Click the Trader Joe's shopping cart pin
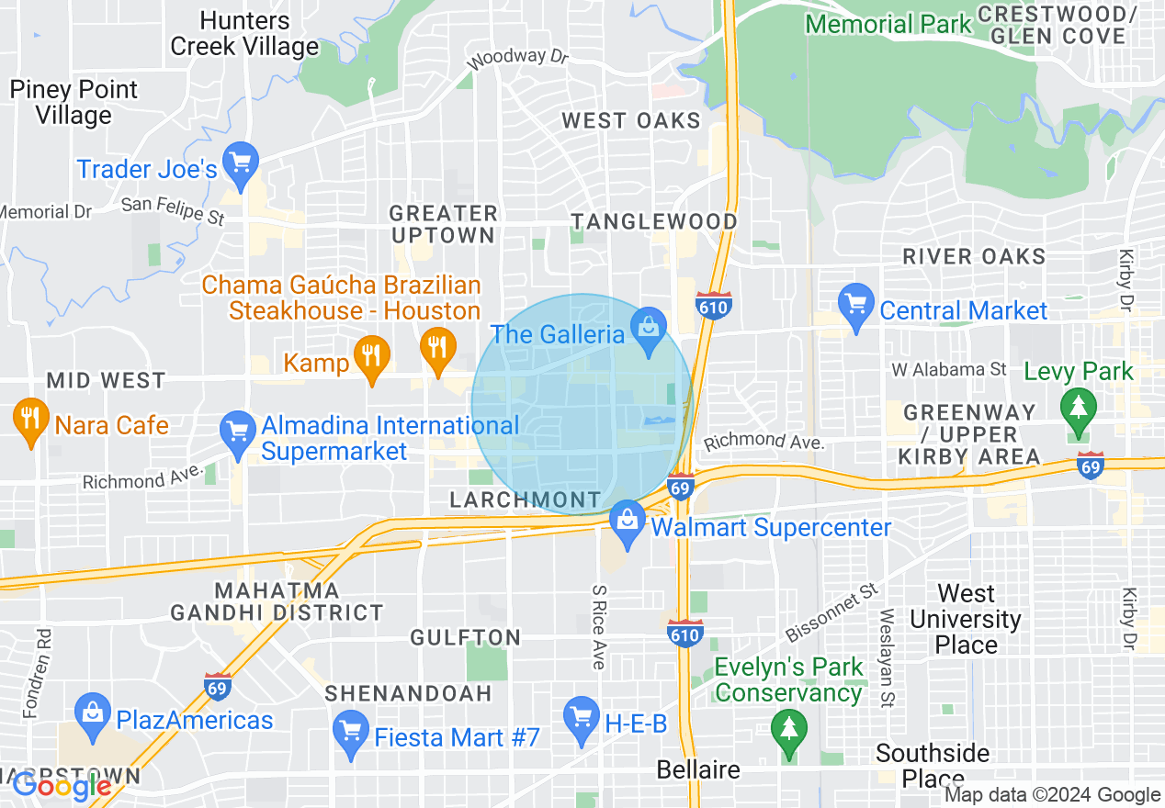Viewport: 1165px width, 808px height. (x=241, y=165)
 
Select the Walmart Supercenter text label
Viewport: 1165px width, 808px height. (x=771, y=528)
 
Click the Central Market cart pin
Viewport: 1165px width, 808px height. (x=856, y=307)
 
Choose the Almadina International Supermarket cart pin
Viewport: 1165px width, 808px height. (x=238, y=433)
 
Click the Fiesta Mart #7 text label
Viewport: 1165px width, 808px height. (x=457, y=737)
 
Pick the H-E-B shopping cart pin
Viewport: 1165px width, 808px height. (x=581, y=720)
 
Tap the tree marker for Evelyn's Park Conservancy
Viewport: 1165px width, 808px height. (x=788, y=733)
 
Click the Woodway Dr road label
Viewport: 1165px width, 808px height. (x=518, y=59)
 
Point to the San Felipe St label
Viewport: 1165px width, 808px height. (x=173, y=210)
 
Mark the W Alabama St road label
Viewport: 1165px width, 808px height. (x=949, y=369)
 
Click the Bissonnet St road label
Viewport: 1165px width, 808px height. (x=832, y=612)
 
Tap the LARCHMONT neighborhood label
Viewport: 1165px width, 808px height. (x=525, y=499)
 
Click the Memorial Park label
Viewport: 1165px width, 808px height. (x=888, y=23)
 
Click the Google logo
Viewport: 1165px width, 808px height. (x=62, y=786)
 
